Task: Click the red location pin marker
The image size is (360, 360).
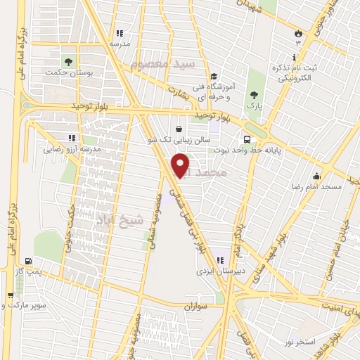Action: coord(181,165)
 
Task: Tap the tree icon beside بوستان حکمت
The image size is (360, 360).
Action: coord(68,60)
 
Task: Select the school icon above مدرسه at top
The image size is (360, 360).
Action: coord(119,32)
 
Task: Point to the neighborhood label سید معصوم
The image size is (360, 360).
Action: coord(155,65)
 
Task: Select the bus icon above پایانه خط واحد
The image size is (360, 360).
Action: coord(247,139)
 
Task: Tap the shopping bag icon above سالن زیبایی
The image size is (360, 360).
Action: coord(180,129)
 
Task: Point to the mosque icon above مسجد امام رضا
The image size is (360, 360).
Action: coord(317,176)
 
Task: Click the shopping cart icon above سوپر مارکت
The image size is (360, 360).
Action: coord(10,295)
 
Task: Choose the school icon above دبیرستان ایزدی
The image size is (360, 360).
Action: coord(221,259)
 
